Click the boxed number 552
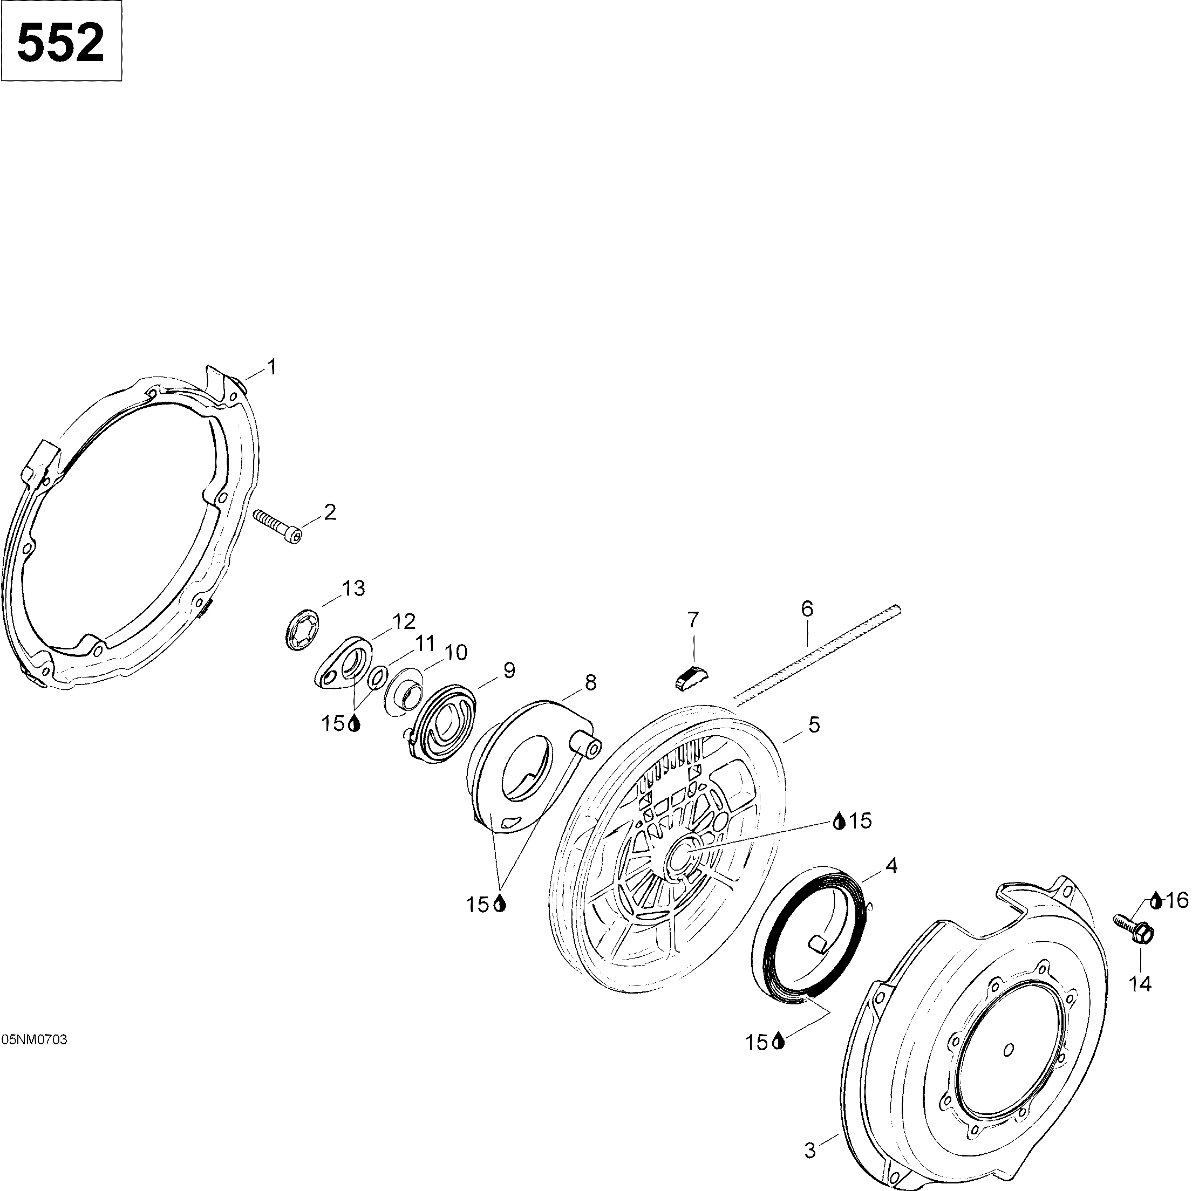click(61, 42)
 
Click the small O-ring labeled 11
click(378, 677)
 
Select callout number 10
click(456, 653)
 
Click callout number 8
click(591, 683)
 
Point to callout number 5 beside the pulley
click(814, 725)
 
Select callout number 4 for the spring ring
click(891, 866)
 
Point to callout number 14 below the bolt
click(1140, 984)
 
